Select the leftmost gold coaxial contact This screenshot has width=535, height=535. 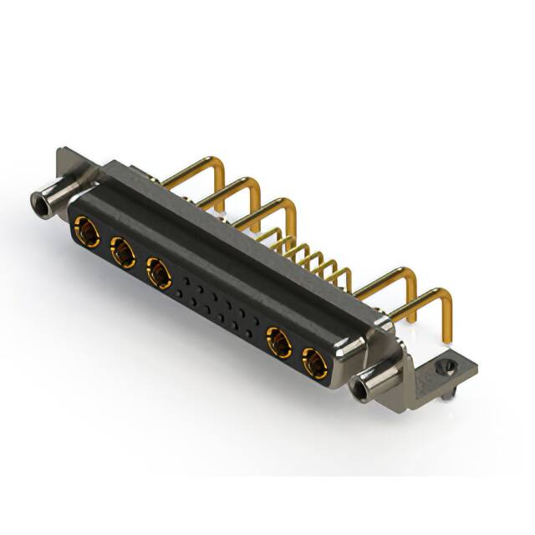tap(86, 228)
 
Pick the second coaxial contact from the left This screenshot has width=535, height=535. tap(123, 251)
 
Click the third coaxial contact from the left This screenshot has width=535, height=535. tap(159, 273)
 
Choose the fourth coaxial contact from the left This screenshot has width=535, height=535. tap(278, 343)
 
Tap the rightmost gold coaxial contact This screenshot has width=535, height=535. tap(315, 364)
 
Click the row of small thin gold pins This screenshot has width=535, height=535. tap(313, 255)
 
